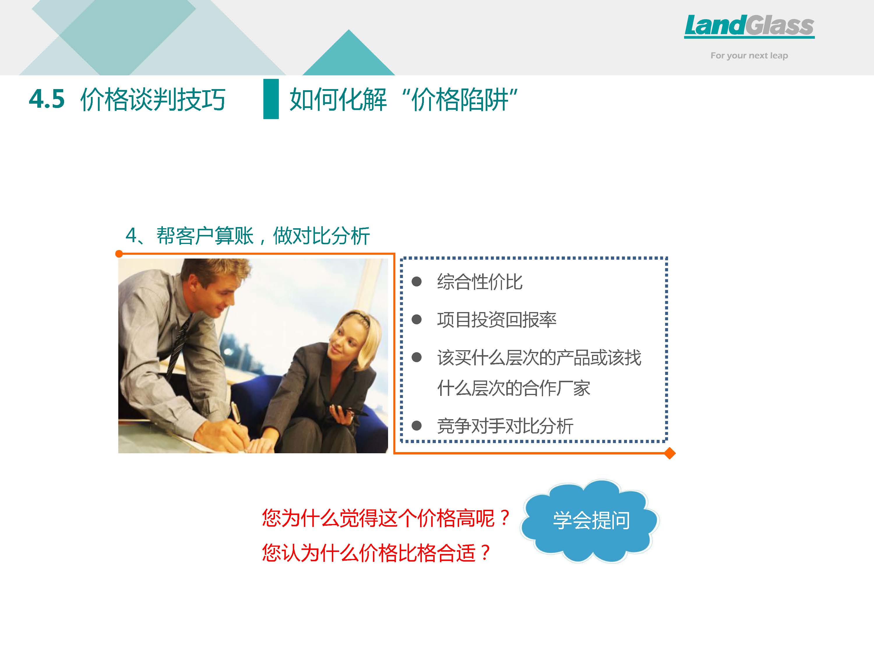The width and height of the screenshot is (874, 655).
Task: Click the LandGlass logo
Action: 749,26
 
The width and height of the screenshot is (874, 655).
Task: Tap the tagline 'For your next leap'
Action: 749,56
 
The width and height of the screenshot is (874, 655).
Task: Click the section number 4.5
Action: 47,99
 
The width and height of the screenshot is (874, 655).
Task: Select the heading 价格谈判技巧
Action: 153,99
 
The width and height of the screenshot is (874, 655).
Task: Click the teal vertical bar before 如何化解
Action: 271,99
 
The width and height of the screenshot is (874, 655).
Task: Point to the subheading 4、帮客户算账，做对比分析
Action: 248,236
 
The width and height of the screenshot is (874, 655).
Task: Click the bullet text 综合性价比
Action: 480,282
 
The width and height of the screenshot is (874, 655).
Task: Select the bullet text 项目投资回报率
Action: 497,319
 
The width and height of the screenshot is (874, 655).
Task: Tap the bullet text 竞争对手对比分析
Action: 505,426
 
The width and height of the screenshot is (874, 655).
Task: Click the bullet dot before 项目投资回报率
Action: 416,319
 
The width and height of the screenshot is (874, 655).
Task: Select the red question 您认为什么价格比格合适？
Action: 376,552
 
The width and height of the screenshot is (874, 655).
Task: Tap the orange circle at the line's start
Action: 119,254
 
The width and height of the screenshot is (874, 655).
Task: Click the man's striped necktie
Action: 177,347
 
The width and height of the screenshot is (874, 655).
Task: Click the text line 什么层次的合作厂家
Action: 514,388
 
